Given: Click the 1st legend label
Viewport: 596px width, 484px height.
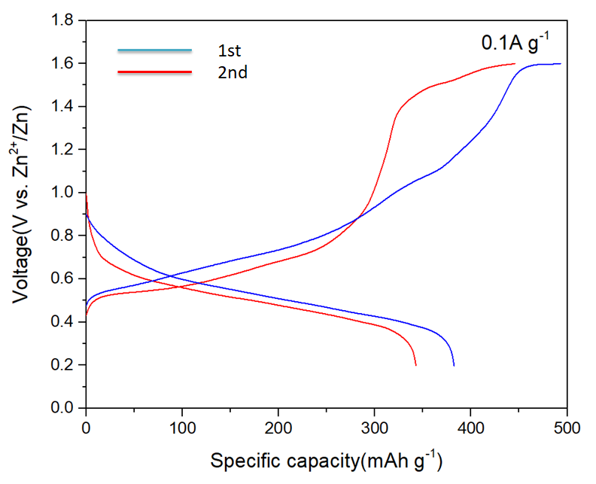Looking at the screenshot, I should click(229, 52).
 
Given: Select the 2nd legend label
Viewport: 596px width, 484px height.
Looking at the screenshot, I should click(232, 72).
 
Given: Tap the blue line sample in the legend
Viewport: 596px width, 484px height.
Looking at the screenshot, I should click(154, 50).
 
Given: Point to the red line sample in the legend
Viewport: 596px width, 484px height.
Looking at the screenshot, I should click(154, 72).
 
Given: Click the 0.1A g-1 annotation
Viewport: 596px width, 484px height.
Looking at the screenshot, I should click(515, 43).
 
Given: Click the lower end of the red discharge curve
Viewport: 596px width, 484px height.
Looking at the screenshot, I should click(415, 365).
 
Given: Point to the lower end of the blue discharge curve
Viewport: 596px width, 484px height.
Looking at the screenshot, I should click(454, 365).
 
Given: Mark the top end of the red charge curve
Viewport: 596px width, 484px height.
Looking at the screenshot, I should click(515, 64).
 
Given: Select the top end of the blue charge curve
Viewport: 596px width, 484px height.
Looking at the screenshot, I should click(561, 64).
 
